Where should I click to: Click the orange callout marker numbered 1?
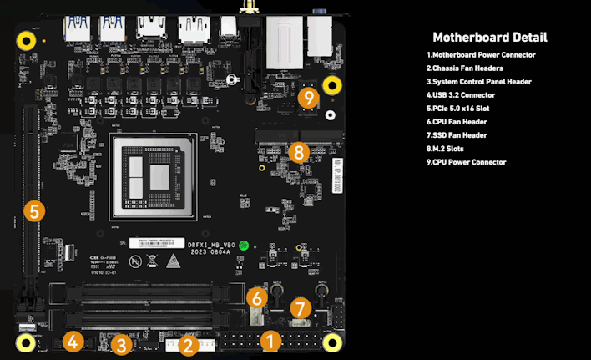point(270,340)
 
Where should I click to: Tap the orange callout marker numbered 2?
point(188,344)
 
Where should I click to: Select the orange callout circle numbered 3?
point(122,344)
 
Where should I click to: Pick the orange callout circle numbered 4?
point(73,341)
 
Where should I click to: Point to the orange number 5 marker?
point(33,210)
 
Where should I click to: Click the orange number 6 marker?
point(257,297)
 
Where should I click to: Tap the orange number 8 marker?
point(299,152)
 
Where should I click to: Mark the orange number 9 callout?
point(309,97)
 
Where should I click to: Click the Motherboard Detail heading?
point(489,38)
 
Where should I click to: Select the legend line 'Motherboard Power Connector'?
point(481,55)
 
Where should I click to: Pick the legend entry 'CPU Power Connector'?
point(466,162)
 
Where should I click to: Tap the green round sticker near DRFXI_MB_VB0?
point(245,246)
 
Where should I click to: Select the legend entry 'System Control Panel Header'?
point(478,82)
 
